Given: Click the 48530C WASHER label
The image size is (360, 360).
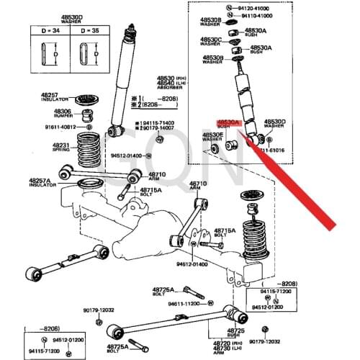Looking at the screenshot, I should [x=212, y=42].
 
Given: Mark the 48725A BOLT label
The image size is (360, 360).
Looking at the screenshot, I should [x=163, y=291].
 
